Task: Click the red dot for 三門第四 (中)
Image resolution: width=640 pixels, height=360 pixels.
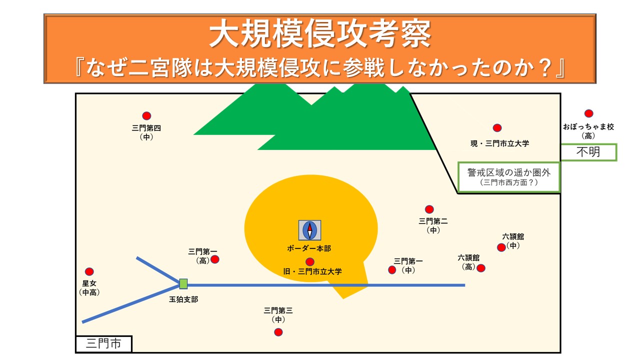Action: coord(146,116)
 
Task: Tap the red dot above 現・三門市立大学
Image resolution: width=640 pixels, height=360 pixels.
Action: coord(497,128)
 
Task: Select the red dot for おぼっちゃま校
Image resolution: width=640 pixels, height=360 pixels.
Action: coord(589,113)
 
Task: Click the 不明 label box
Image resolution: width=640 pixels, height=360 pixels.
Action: coord(588,152)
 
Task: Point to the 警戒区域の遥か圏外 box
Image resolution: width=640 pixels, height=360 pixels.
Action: coord(508,177)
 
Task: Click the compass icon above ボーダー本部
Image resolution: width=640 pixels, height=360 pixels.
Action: coord(309,230)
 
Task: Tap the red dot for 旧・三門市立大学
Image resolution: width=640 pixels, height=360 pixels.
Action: coord(310,261)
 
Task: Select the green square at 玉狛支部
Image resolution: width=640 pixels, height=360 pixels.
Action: coord(183,284)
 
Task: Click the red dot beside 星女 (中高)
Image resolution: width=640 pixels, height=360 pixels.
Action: coord(89,272)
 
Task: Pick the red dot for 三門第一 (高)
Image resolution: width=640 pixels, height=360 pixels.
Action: coord(215,259)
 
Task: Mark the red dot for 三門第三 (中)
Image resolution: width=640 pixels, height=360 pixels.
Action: coord(278,332)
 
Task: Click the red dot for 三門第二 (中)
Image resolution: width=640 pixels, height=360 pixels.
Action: coord(429,209)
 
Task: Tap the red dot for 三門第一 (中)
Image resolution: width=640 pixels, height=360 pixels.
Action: coord(392,270)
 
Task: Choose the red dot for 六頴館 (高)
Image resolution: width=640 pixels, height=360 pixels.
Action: coord(481,268)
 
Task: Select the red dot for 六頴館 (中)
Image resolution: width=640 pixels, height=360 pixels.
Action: coord(501,247)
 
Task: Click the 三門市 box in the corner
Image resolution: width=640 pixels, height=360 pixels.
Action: coord(103,343)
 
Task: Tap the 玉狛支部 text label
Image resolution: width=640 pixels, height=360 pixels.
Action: coord(184,299)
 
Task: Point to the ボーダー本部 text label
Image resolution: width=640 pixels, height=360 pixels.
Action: coord(309,248)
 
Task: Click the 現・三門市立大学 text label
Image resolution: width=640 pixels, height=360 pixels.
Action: coord(499,143)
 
